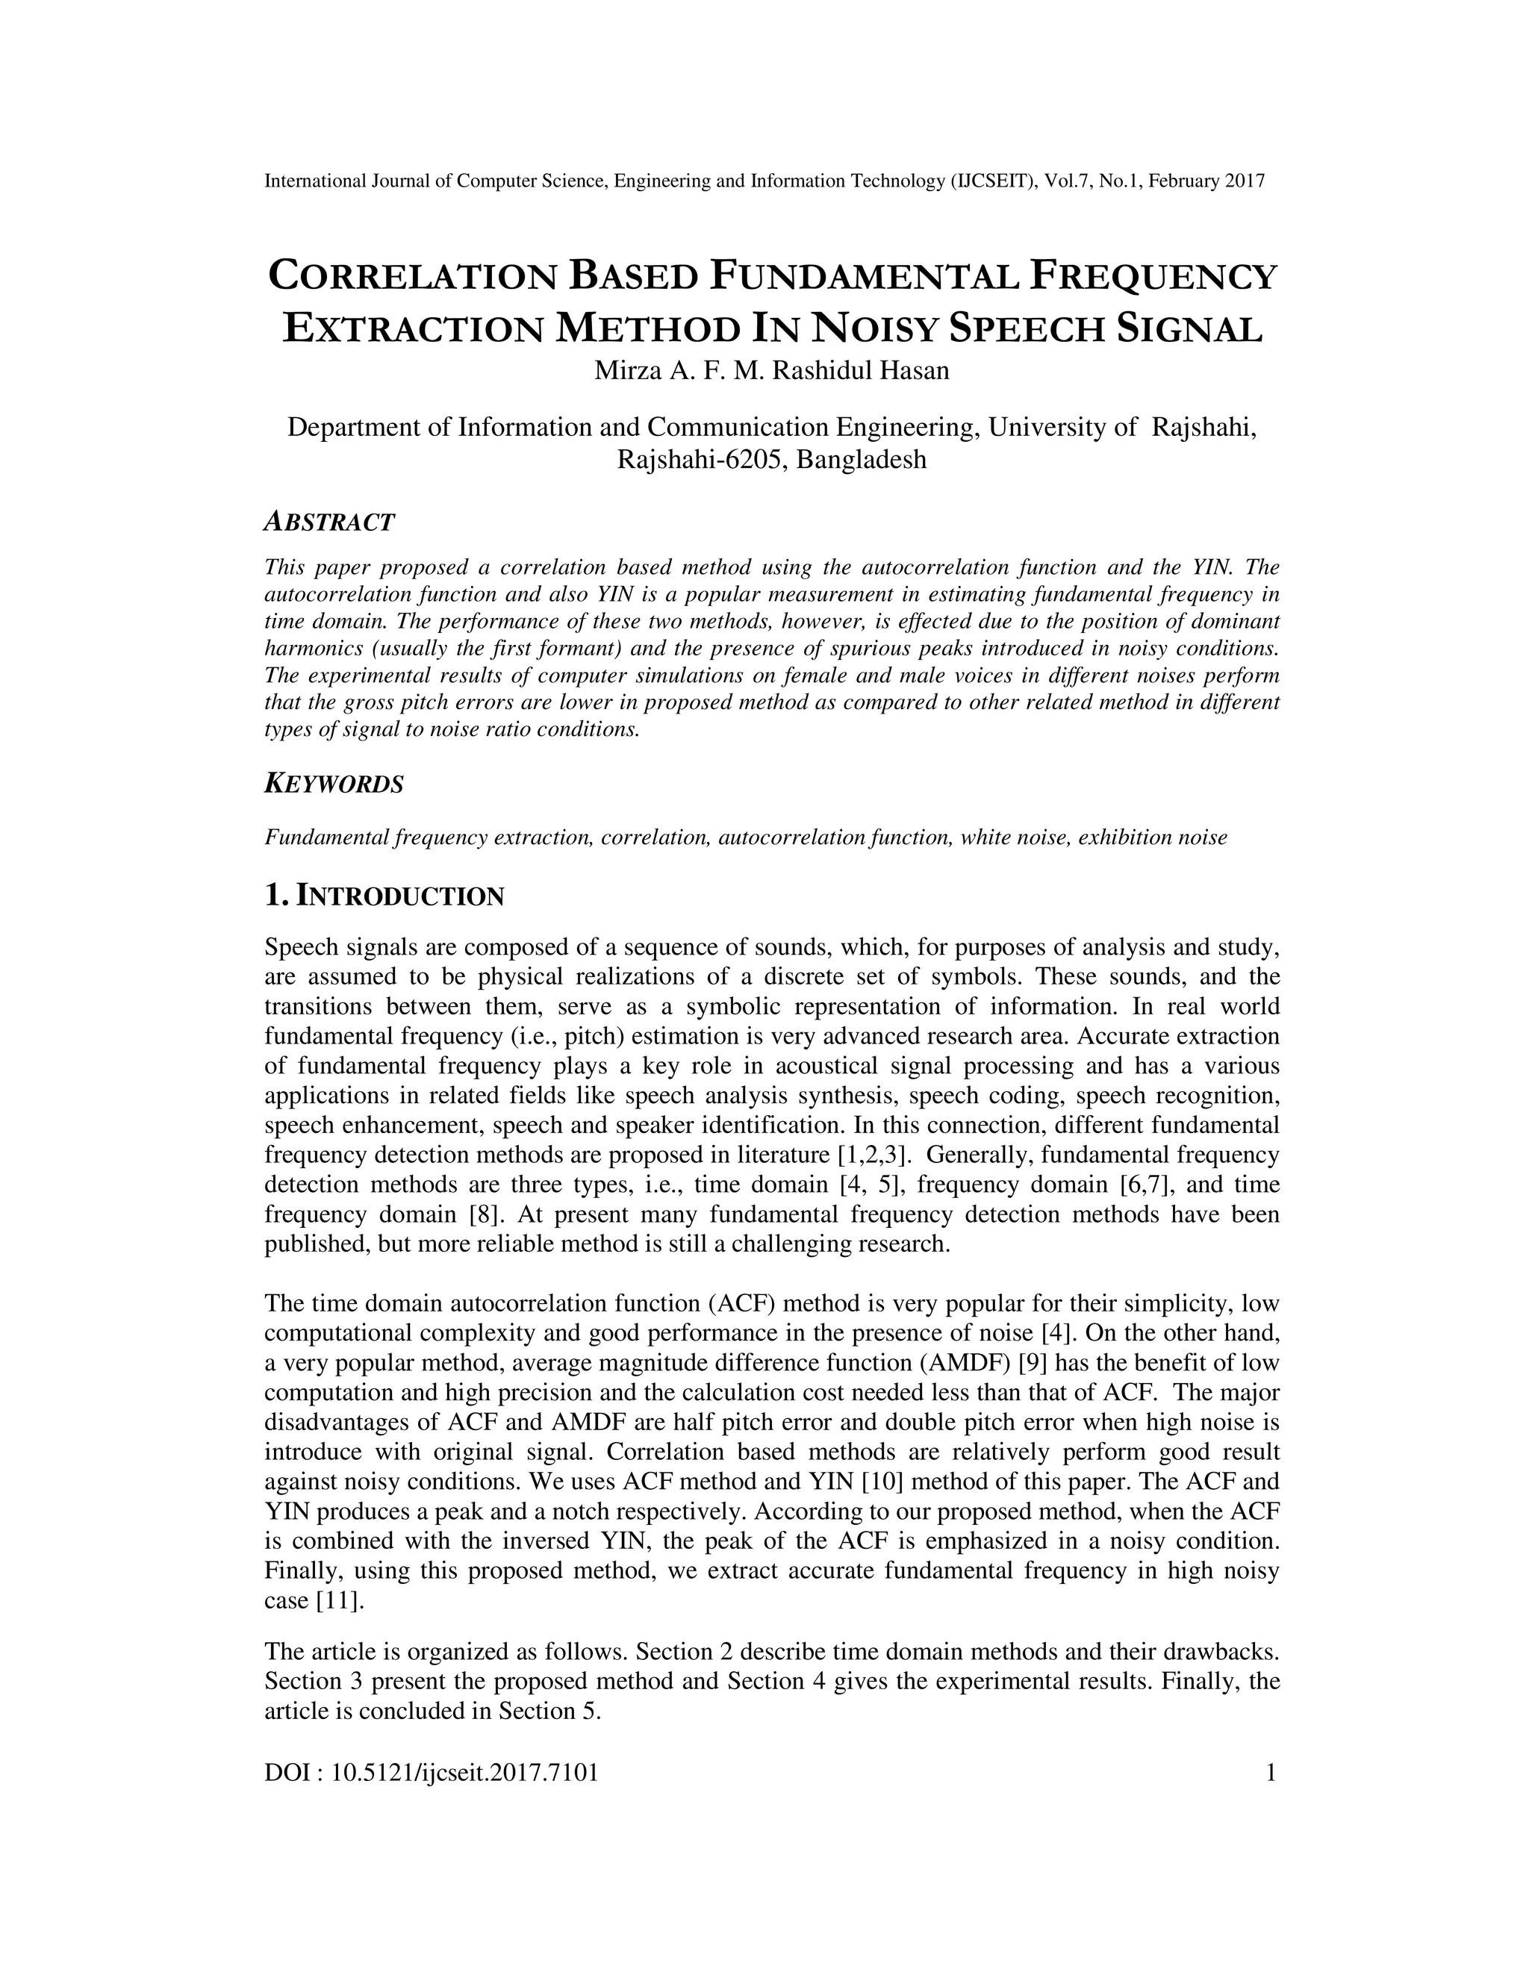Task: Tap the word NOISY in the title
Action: pos(875,330)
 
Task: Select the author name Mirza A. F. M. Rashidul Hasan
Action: pos(772,371)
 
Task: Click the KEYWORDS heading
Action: pos(333,784)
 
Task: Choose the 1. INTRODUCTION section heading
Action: pos(384,896)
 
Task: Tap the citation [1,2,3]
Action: pos(871,1155)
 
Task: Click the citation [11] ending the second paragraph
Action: pos(339,1600)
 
